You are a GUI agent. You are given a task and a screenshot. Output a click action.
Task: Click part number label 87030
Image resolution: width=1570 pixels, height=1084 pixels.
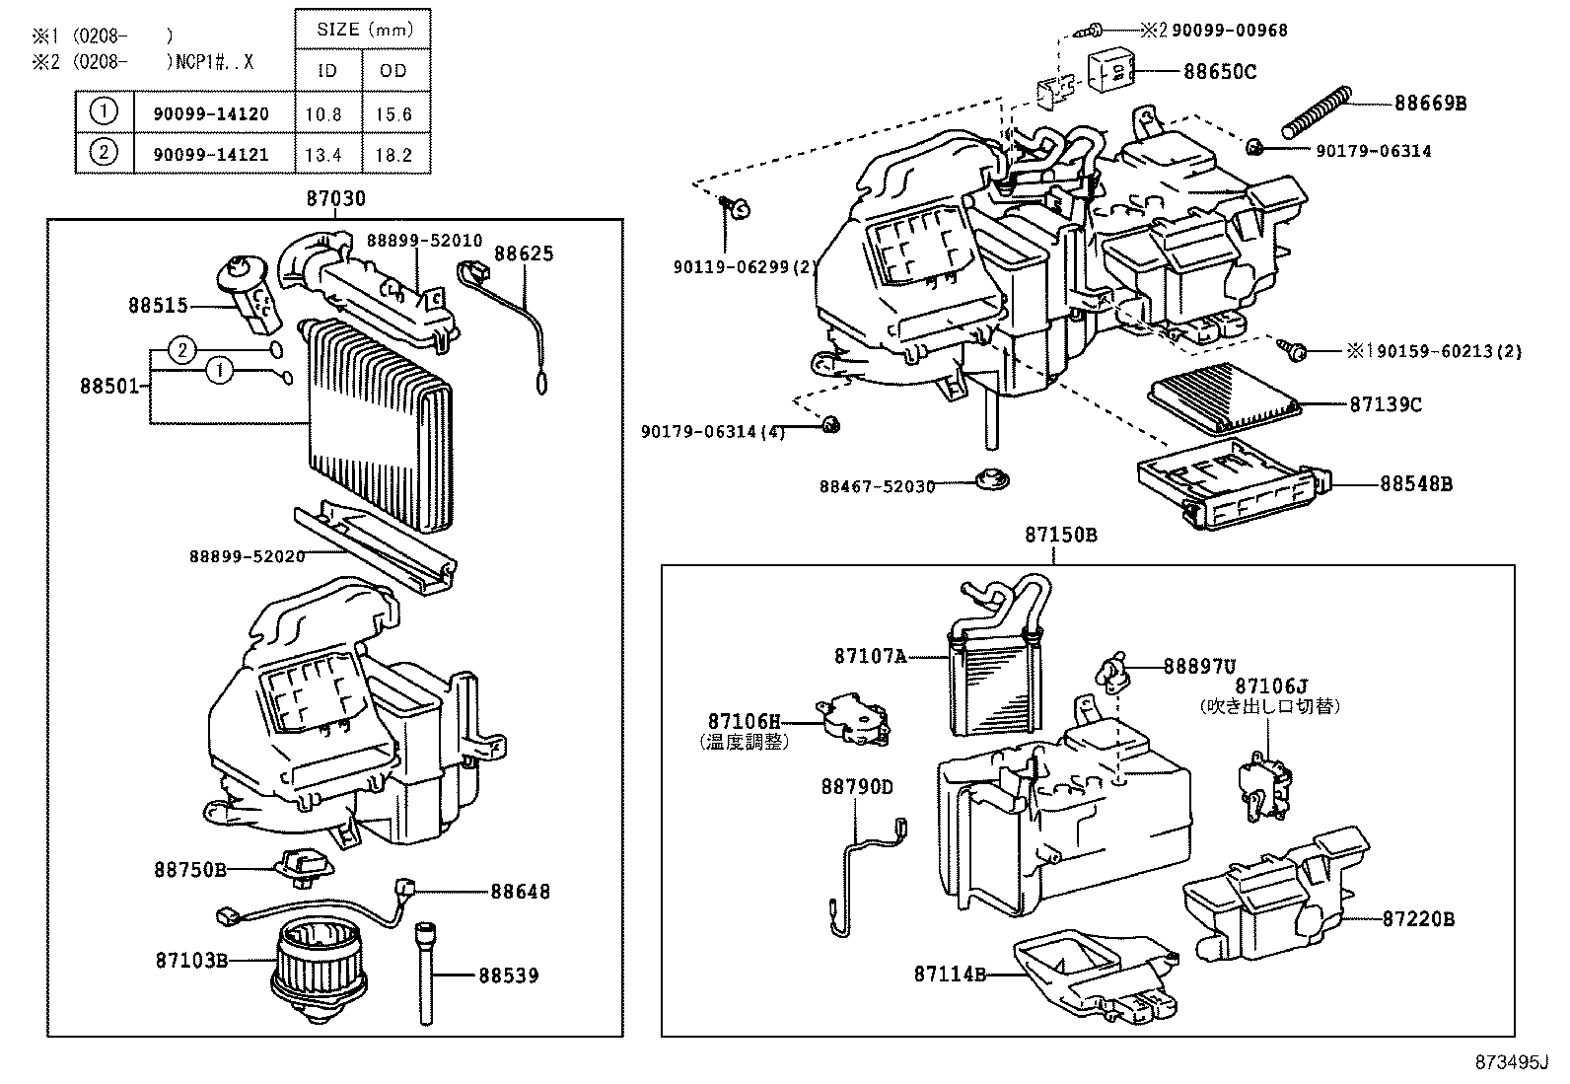point(335,198)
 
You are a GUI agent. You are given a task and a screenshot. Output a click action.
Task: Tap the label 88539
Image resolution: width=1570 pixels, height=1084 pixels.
point(509,976)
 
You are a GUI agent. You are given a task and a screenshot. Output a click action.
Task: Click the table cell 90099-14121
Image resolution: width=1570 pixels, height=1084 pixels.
point(211,155)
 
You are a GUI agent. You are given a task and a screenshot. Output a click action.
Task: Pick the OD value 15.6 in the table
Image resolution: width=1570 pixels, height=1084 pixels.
point(393,114)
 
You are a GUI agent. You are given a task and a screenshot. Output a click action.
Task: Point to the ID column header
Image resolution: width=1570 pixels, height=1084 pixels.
point(327,71)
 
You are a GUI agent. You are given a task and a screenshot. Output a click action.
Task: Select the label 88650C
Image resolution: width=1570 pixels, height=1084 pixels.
point(1220,72)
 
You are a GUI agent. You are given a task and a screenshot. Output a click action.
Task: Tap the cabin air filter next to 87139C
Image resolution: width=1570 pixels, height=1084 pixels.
point(1225,396)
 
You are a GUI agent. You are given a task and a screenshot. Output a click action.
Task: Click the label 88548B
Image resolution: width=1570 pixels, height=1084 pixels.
point(1415,484)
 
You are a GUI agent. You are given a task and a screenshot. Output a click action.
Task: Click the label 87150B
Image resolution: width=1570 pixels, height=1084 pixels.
point(1060,535)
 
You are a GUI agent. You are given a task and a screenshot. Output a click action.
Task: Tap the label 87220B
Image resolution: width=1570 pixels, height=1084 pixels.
point(1418,919)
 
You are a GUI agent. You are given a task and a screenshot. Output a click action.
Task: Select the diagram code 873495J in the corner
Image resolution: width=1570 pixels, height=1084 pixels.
point(1512,1062)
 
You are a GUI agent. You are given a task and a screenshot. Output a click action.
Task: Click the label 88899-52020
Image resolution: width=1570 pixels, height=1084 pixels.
point(247,556)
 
